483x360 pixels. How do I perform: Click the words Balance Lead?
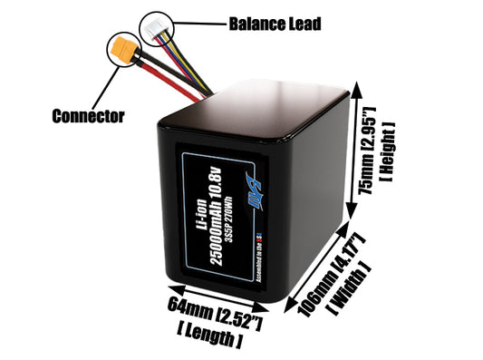[275, 24]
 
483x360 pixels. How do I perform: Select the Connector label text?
[88, 116]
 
